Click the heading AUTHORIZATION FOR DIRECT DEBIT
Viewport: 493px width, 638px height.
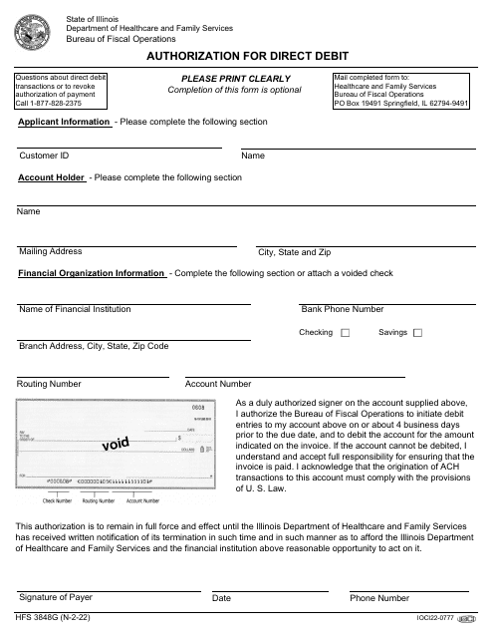[245, 58]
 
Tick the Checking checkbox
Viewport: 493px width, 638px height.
[345, 333]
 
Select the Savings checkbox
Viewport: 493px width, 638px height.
[417, 333]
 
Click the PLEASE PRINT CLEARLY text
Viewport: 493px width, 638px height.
[235, 79]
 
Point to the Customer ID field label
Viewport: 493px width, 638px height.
[44, 157]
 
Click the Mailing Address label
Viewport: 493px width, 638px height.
[50, 251]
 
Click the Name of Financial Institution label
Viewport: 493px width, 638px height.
[75, 309]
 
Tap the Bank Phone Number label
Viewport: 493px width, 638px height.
[342, 309]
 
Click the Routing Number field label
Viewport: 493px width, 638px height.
[49, 383]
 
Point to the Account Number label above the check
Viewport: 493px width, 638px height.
[218, 384]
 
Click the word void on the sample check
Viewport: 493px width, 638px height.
[117, 444]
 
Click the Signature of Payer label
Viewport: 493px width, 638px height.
[56, 597]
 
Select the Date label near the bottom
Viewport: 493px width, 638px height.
[221, 598]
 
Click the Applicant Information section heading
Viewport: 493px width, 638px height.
[64, 122]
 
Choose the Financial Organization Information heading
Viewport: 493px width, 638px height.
[92, 273]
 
